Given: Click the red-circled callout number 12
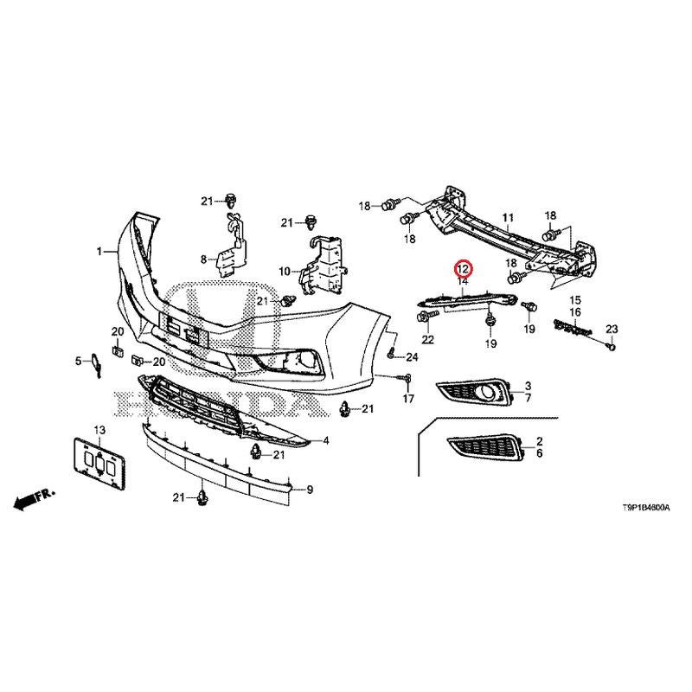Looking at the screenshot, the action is click(464, 268).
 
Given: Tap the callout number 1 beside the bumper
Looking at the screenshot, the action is click(99, 252).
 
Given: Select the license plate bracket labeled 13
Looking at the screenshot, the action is click(99, 463).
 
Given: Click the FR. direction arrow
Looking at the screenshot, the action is click(34, 499).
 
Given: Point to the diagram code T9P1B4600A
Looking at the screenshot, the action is click(645, 508).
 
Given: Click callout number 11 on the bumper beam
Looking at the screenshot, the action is click(508, 218).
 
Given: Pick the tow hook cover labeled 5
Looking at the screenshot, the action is click(95, 364).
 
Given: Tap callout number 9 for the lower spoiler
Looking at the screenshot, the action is click(310, 490).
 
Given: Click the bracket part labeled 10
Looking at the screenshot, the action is click(322, 266).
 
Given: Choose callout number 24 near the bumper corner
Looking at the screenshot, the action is click(412, 356).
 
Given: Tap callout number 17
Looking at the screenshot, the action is click(408, 399).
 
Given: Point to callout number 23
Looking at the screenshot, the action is click(612, 329).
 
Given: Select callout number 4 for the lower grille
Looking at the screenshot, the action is click(326, 440).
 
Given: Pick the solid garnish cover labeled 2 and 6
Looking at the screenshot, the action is click(485, 448).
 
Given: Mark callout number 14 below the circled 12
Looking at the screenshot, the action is click(463, 281).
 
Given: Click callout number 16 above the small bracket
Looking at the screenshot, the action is click(575, 312).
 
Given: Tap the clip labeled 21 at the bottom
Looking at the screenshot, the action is click(202, 498).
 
